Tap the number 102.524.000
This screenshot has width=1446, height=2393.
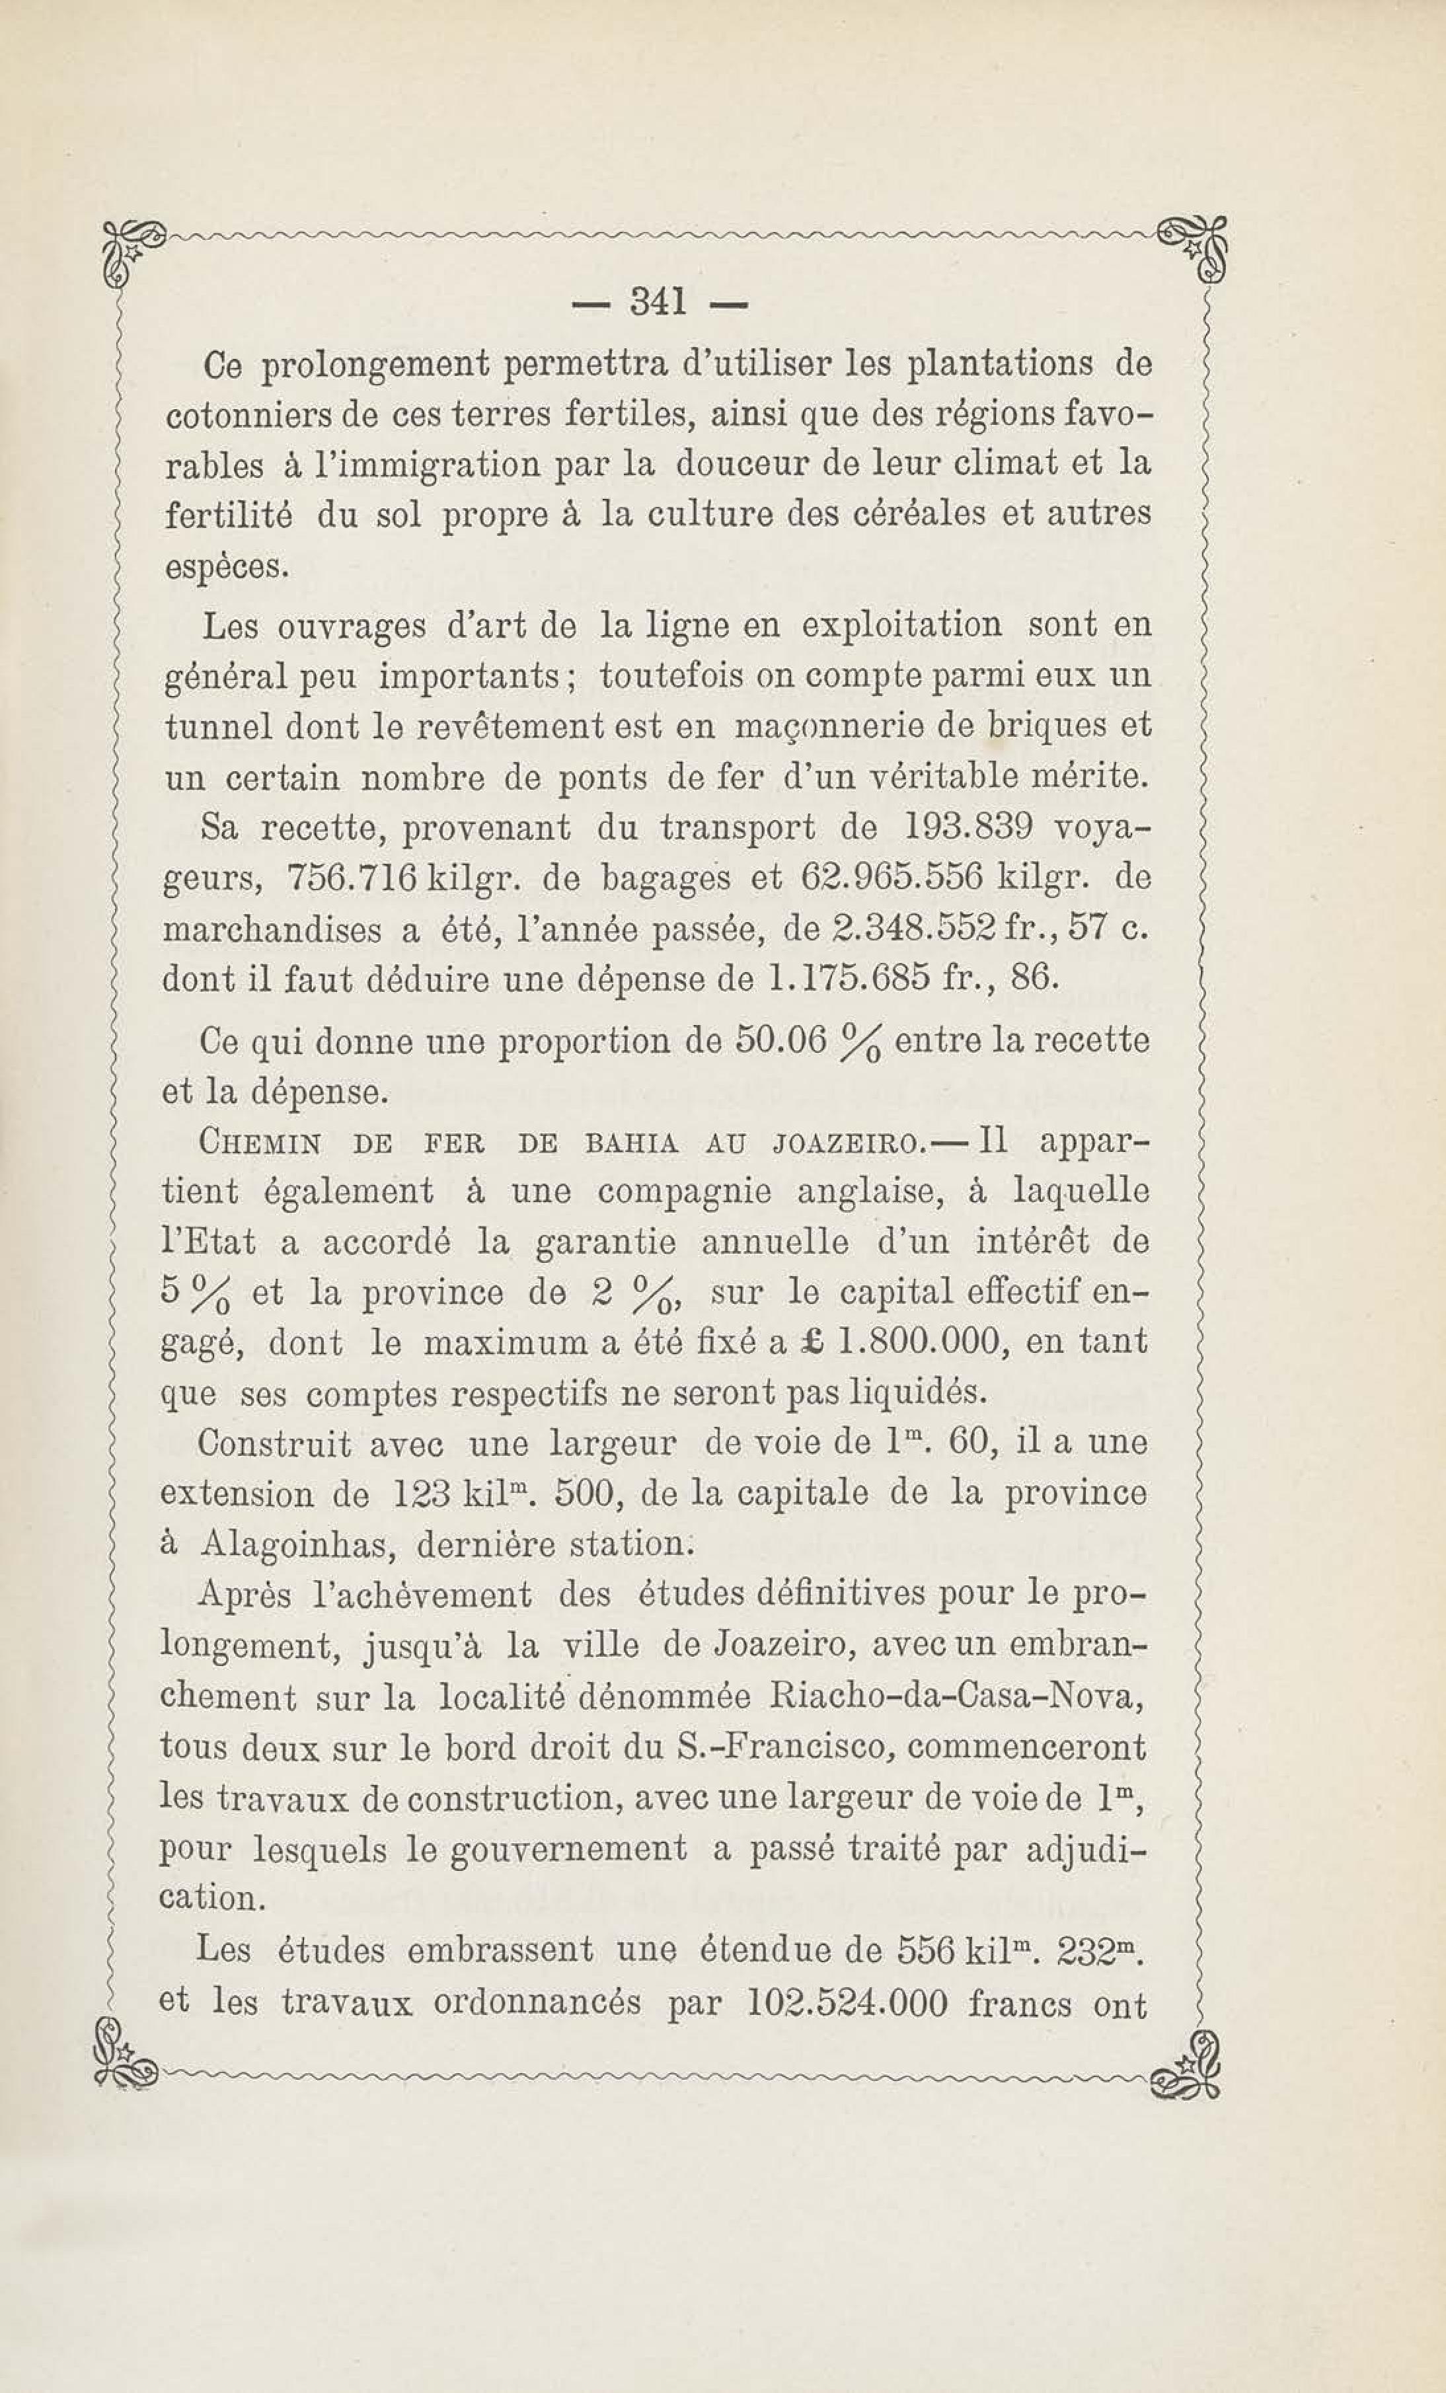[x=849, y=2004]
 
